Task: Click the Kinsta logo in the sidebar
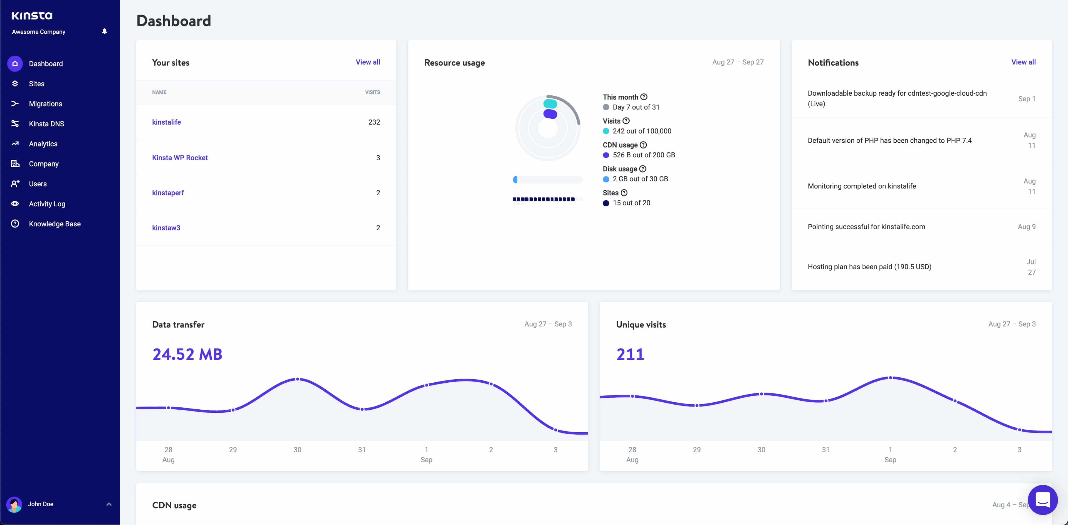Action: (32, 16)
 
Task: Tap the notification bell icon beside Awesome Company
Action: (105, 31)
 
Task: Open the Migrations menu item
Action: (45, 104)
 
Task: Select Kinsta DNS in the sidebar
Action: (46, 123)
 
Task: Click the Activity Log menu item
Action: (47, 204)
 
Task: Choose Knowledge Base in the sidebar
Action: (54, 224)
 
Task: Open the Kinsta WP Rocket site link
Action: (179, 157)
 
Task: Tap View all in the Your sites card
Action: (367, 62)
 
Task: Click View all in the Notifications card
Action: (1023, 62)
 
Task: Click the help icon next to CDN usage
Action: (643, 145)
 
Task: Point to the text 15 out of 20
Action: (631, 203)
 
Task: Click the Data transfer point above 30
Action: (297, 379)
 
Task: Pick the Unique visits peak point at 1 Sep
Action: (890, 378)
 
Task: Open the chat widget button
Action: (1042, 500)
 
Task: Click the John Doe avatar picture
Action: (14, 504)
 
